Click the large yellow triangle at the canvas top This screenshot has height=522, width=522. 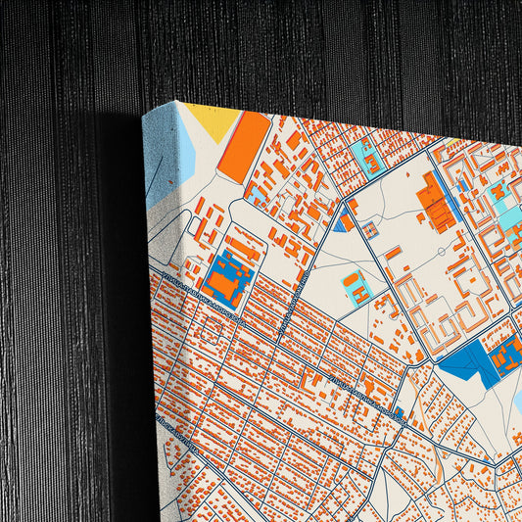pyautogui.click(x=214, y=120)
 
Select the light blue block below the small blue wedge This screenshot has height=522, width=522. pyautogui.click(x=356, y=288)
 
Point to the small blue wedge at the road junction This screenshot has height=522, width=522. pyautogui.click(x=340, y=222)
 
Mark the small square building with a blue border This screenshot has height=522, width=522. pyautogui.click(x=370, y=230)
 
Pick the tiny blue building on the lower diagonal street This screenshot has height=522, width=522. pyautogui.click(x=398, y=411)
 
